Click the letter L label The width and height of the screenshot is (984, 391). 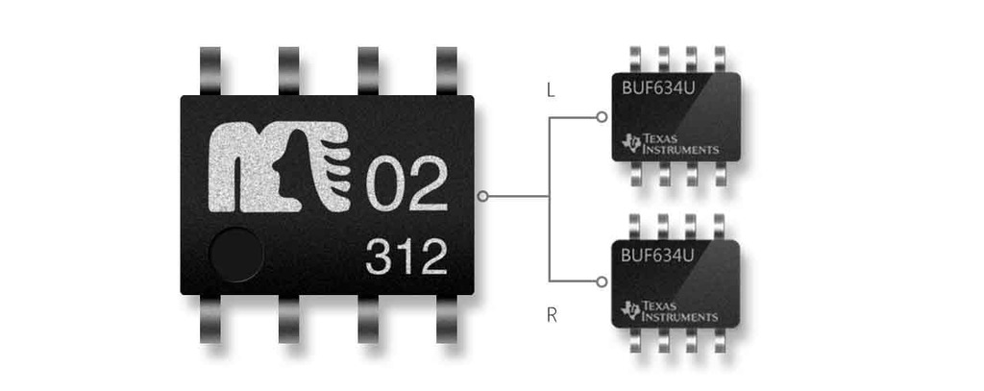pos(551,92)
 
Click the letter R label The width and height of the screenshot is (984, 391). pos(552,314)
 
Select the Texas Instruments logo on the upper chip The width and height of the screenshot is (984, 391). pos(671,144)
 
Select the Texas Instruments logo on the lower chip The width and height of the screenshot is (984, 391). pos(671,309)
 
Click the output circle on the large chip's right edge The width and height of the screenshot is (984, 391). pos(482,196)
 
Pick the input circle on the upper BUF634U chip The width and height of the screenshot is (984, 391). pos(601,117)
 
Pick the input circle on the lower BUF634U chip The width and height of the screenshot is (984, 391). pos(601,281)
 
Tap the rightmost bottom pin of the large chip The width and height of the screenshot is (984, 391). pos(447,319)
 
